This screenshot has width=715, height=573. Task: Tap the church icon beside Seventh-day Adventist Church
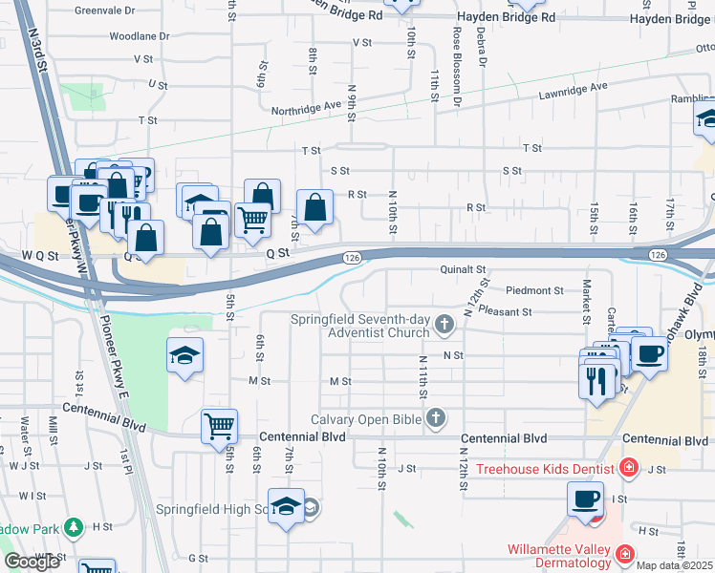pos(444,326)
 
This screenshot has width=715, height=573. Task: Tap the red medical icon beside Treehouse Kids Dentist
pos(628,468)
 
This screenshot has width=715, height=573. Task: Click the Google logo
pos(32,562)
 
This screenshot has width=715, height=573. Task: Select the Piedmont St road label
pos(534,289)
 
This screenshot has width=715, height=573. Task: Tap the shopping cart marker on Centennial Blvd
pos(220,426)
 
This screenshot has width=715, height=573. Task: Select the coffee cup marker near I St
pos(585,498)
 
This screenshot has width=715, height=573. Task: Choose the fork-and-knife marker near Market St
pos(598,380)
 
